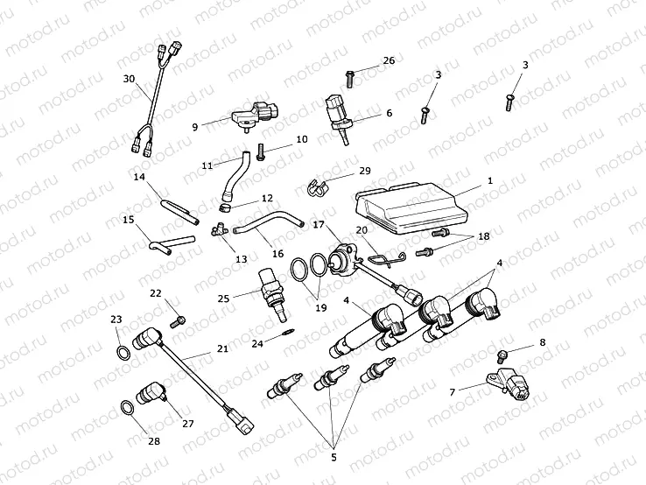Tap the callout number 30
[x=129, y=79]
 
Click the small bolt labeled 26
[x=349, y=77]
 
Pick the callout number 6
[x=389, y=113]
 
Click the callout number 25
[x=223, y=299]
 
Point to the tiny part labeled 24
[x=288, y=333]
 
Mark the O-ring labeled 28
[x=128, y=406]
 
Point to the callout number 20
[x=362, y=229]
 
